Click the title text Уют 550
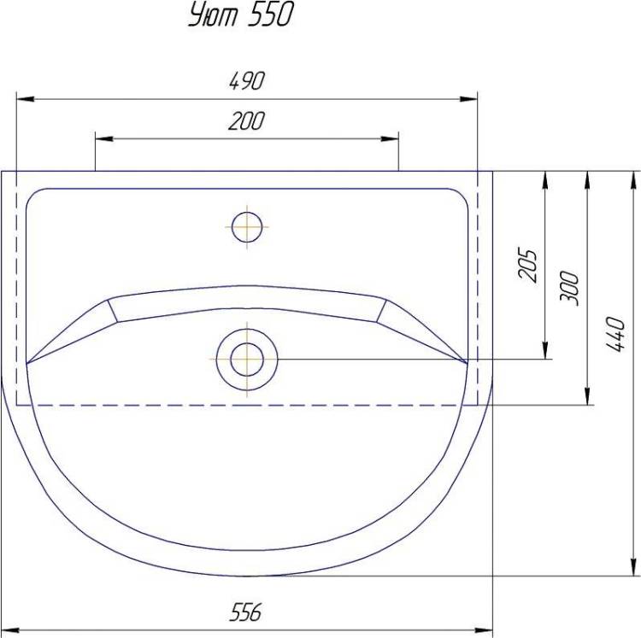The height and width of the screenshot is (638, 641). tap(241, 15)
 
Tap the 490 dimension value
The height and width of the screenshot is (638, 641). tap(247, 81)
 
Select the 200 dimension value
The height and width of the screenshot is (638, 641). tap(246, 121)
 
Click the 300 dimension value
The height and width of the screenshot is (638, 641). tap(569, 288)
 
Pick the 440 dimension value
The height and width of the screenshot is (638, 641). tap(615, 334)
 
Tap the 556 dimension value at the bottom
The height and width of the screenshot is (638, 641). tap(245, 612)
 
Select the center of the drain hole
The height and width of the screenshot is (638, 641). tap(247, 360)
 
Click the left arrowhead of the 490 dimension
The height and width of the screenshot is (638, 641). tap(26, 99)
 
